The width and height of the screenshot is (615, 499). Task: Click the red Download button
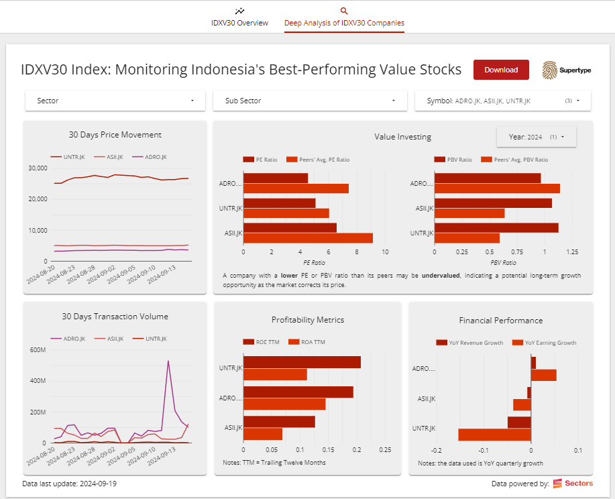pyautogui.click(x=501, y=70)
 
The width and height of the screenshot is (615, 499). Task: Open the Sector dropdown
pyautogui.click(x=114, y=101)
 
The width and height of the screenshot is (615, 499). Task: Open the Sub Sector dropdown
pyautogui.click(x=309, y=101)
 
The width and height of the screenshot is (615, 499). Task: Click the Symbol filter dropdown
pyautogui.click(x=502, y=101)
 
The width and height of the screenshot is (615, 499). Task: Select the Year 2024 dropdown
pyautogui.click(x=536, y=137)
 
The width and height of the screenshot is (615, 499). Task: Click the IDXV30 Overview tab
pyautogui.click(x=239, y=17)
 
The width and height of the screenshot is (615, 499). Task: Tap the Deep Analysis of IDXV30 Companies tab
pyautogui.click(x=344, y=17)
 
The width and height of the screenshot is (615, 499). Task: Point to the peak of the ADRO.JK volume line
pyautogui.click(x=168, y=361)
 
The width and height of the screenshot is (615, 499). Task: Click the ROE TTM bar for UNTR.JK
pyautogui.click(x=302, y=362)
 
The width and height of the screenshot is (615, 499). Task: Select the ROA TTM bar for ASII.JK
pyautogui.click(x=263, y=434)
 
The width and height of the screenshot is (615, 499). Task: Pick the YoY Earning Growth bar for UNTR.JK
pyautogui.click(x=494, y=435)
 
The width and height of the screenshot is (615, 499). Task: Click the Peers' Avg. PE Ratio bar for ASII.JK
pyautogui.click(x=308, y=238)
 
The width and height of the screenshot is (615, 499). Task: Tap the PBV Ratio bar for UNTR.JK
pyautogui.click(x=496, y=228)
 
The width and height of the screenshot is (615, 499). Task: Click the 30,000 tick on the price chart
pyautogui.click(x=38, y=168)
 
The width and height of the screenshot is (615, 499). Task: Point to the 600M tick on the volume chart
pyautogui.click(x=38, y=349)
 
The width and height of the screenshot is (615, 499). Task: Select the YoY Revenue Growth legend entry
pyautogui.click(x=471, y=343)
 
